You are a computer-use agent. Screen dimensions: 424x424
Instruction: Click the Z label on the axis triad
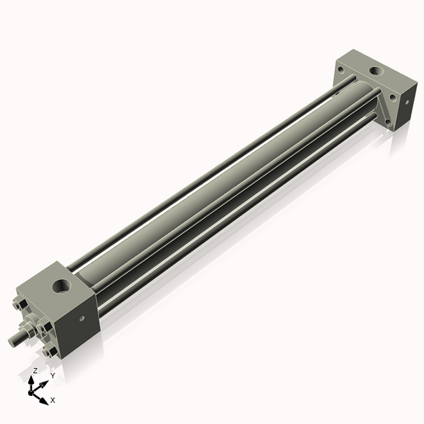[x=34, y=371]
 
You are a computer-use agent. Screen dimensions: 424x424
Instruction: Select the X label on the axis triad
[x=53, y=399]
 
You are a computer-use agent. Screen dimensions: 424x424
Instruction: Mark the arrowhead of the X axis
[x=46, y=397]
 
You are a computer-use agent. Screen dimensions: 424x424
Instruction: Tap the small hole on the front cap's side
[x=82, y=319]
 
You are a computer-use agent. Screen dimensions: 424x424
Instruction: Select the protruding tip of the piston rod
[x=11, y=341]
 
